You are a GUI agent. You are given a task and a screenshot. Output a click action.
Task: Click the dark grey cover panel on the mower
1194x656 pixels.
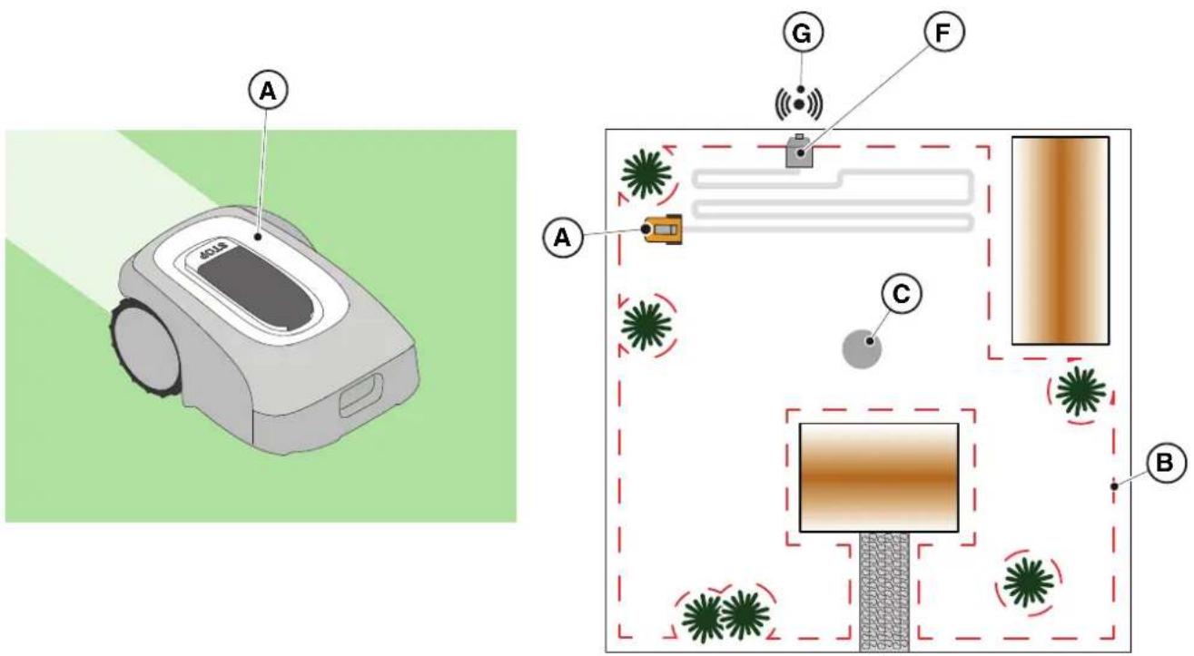pos(256,288)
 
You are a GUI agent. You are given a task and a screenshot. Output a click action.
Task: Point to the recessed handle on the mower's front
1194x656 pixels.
pos(362,395)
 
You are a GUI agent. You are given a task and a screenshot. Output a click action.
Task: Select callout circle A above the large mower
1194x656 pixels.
pos(268,91)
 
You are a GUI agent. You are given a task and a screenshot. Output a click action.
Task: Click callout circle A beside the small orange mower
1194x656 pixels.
pos(563,238)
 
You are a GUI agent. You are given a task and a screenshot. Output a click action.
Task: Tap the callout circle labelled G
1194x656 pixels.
pos(803,33)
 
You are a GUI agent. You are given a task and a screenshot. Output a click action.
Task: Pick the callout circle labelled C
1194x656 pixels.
pos(901,293)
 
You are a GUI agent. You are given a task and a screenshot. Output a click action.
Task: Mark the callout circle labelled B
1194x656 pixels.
pos(1164,463)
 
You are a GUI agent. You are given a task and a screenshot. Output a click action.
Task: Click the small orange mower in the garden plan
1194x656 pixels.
pos(663,229)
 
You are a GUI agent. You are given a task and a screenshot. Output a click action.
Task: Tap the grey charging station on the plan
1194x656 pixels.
pos(799,152)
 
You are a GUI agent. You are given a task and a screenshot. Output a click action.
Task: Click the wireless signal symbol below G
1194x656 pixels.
pos(798,103)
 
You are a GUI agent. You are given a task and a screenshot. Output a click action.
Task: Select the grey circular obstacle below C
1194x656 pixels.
pos(862,348)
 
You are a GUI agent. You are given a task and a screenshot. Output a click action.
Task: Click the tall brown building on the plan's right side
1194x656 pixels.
pos(1061,240)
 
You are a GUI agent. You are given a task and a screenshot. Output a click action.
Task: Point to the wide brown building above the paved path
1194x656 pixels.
pos(879,477)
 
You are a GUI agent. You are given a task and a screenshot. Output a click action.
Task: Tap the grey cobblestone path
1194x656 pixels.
pos(884,592)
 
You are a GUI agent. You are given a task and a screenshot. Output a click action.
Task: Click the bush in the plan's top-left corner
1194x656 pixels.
pos(646,174)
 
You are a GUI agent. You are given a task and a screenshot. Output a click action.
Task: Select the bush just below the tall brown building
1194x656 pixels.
pos(1081,392)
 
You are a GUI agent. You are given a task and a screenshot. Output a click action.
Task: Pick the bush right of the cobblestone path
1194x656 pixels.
pos(1029,583)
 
